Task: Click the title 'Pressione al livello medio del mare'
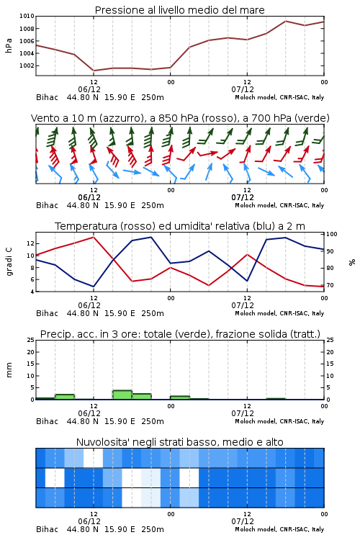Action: pyautogui.click(x=179, y=10)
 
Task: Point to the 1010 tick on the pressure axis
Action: pyautogui.click(x=27, y=16)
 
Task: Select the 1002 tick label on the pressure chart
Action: pyautogui.click(x=27, y=66)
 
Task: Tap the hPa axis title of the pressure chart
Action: pyautogui.click(x=9, y=45)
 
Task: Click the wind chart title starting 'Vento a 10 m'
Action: pyautogui.click(x=180, y=118)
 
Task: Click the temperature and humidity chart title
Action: pyautogui.click(x=180, y=226)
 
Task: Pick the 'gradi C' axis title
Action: pyautogui.click(x=9, y=262)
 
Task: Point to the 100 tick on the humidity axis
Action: pyautogui.click(x=332, y=234)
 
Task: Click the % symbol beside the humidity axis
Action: pyautogui.click(x=352, y=262)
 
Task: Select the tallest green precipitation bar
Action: pyautogui.click(x=122, y=395)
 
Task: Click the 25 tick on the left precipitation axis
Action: pyautogui.click(x=31, y=340)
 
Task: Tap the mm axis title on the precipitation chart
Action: pyautogui.click(x=9, y=370)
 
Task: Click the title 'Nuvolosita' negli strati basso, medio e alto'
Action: pyautogui.click(x=179, y=442)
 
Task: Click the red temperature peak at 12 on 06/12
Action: pyautogui.click(x=94, y=237)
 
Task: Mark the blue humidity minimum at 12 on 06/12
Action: pyautogui.click(x=94, y=287)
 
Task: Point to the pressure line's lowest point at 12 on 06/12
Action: pyautogui.click(x=94, y=71)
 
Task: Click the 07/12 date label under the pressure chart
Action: pyautogui.click(x=243, y=89)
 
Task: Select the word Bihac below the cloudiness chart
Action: pyautogui.click(x=48, y=529)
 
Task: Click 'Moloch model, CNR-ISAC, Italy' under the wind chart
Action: pyautogui.click(x=279, y=205)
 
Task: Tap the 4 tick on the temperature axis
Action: pyautogui.click(x=32, y=292)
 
